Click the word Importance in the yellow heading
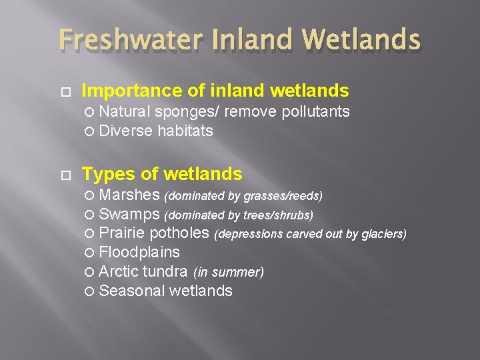click(x=125, y=91)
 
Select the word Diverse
click(x=126, y=131)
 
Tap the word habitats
click(x=185, y=131)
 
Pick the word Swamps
click(x=130, y=215)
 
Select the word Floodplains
click(x=139, y=252)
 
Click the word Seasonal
click(x=132, y=291)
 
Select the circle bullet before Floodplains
click(x=91, y=253)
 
